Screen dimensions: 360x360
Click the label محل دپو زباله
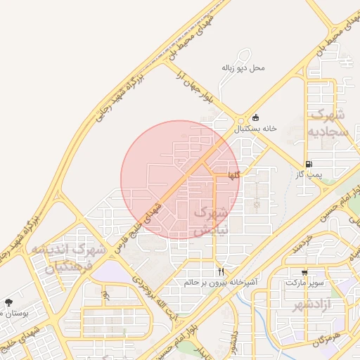[x=243, y=68]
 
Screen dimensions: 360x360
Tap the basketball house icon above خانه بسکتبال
[x=255, y=117]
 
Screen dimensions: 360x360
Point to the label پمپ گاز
[x=309, y=174]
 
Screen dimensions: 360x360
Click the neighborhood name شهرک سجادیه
[x=328, y=122]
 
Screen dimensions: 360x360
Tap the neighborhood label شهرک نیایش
[x=211, y=220]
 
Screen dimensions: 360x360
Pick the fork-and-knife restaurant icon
[x=221, y=271]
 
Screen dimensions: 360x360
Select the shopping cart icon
[x=304, y=272]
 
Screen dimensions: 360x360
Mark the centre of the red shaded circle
[x=180, y=179]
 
